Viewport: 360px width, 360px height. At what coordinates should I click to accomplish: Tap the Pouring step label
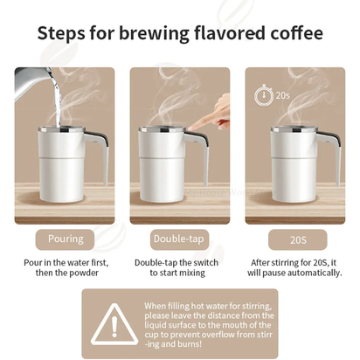(66, 239)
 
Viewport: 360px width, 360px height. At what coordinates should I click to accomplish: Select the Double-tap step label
(179, 239)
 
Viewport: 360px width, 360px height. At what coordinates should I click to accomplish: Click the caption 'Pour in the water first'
(66, 261)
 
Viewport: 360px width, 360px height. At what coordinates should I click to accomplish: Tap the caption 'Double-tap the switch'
(179, 261)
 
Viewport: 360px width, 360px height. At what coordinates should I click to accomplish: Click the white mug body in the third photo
(293, 157)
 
